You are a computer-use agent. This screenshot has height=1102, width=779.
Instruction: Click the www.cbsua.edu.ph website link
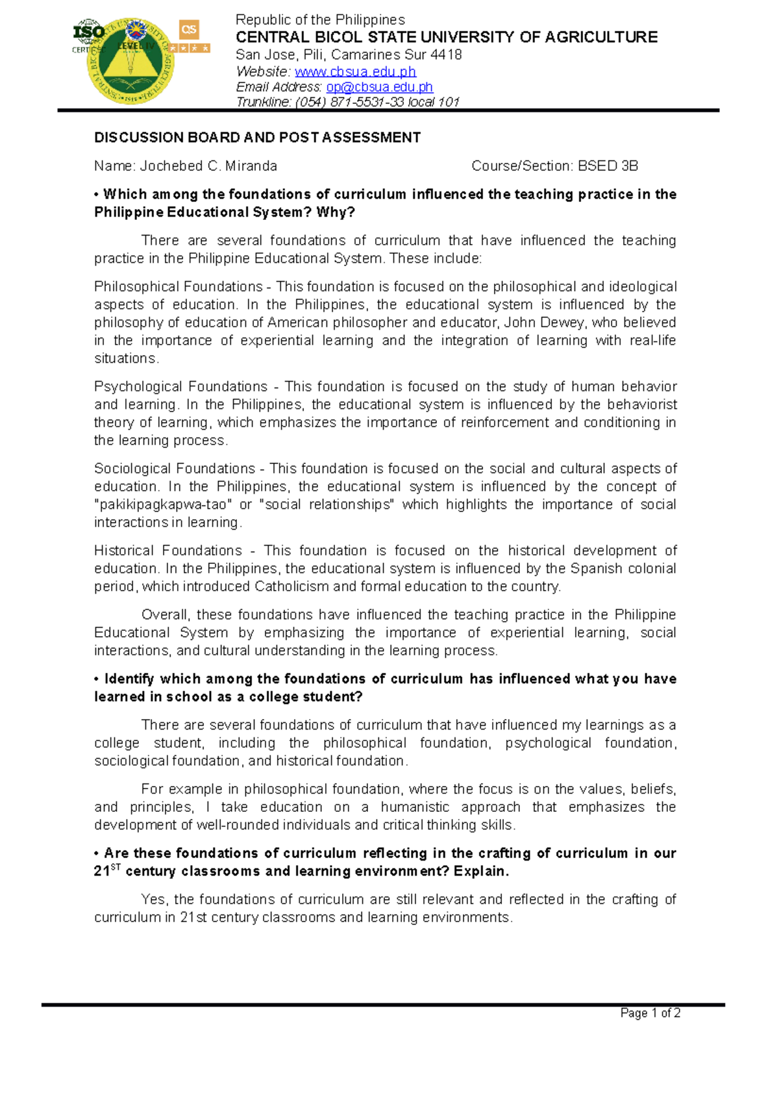355,71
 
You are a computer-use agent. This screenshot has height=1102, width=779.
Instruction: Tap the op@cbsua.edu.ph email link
379,87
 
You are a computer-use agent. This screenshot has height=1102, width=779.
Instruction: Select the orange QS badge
189,30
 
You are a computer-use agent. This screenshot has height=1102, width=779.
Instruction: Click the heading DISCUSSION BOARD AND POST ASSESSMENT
257,138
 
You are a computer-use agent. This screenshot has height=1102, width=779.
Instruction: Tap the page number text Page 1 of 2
650,1013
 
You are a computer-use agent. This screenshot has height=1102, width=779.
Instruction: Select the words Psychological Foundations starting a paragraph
180,387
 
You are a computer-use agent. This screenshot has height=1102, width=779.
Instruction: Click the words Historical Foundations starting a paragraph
167,551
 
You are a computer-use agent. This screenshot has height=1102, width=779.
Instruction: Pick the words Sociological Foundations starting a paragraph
174,469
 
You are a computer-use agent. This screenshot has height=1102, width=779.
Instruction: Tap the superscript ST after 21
116,867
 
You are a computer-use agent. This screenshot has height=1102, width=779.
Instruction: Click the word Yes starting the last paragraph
153,900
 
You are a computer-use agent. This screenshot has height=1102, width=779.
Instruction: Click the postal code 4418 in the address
446,55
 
